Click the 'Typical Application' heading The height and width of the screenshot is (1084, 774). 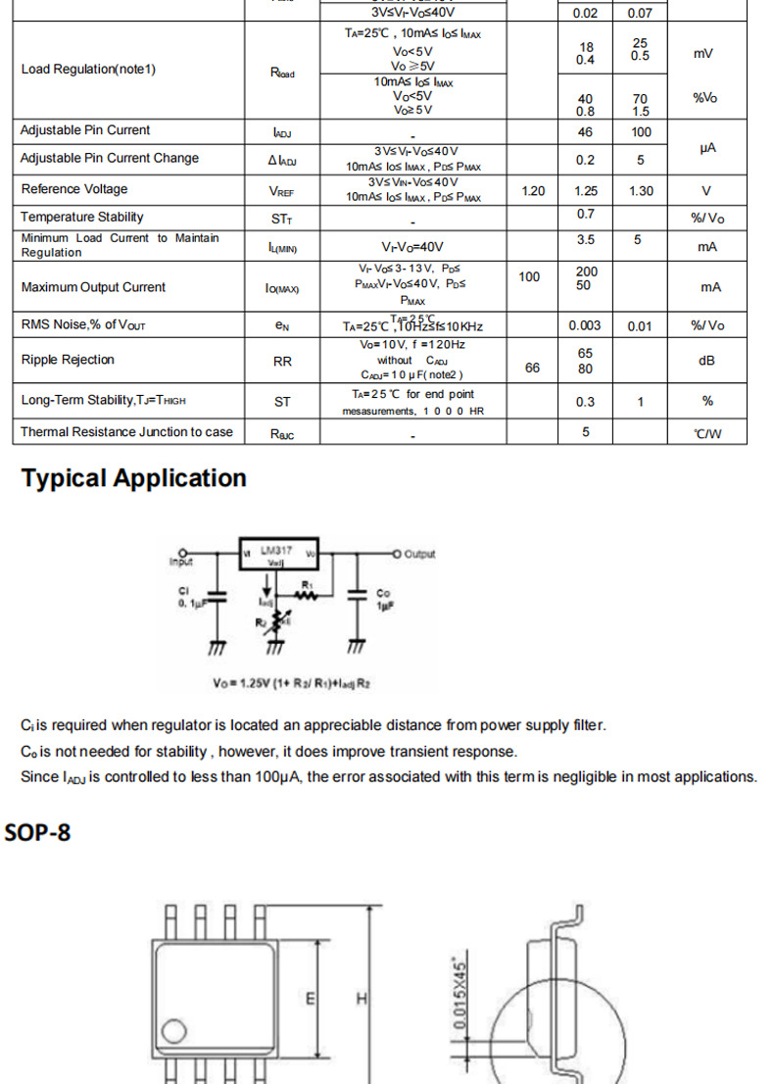point(133,478)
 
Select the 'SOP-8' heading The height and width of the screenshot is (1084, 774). point(38,833)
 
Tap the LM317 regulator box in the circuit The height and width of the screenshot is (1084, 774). point(280,554)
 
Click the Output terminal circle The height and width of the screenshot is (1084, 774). point(397,554)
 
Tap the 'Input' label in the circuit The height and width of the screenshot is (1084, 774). point(181,563)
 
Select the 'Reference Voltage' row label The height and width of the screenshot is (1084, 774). point(74,189)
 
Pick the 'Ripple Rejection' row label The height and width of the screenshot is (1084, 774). point(68,360)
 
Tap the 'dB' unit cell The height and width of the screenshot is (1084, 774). point(706,361)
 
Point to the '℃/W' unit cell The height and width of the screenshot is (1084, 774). point(706,433)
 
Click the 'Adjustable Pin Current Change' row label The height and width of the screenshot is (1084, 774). point(110,158)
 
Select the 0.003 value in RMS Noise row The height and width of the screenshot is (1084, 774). point(586,325)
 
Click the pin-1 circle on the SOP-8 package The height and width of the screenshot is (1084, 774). point(174,1030)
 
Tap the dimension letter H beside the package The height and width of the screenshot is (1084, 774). point(362,999)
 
